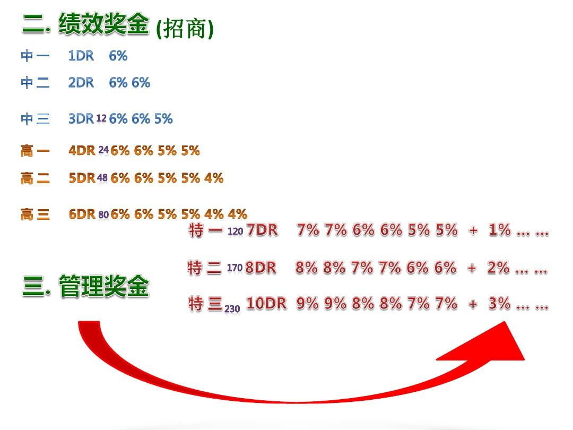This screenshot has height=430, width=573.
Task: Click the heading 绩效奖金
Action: click(x=103, y=24)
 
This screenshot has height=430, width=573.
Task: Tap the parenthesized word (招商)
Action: click(x=185, y=29)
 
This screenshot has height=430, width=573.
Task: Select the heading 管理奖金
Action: click(x=104, y=286)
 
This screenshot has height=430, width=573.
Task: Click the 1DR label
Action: click(x=81, y=56)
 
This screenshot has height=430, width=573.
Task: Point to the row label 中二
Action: click(x=35, y=83)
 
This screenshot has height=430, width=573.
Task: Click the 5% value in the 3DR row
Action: click(x=163, y=118)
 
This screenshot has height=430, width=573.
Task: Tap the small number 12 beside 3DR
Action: click(x=101, y=118)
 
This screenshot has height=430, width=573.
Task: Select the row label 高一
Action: click(x=35, y=151)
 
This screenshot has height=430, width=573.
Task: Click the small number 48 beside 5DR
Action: click(x=102, y=178)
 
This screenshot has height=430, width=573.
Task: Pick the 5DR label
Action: click(x=82, y=178)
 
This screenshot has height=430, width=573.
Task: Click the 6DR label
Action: click(x=82, y=214)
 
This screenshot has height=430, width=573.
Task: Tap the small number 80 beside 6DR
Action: click(x=103, y=214)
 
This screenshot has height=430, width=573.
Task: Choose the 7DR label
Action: click(x=262, y=230)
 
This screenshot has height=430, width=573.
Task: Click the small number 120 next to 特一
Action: click(x=235, y=231)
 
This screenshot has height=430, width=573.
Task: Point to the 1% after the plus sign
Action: click(x=500, y=230)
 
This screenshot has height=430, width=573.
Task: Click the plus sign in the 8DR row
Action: click(x=472, y=269)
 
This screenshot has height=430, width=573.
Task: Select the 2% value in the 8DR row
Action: click(x=498, y=268)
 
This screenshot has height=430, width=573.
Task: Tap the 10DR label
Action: click(x=266, y=304)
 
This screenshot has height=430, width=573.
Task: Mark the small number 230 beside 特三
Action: click(x=232, y=309)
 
